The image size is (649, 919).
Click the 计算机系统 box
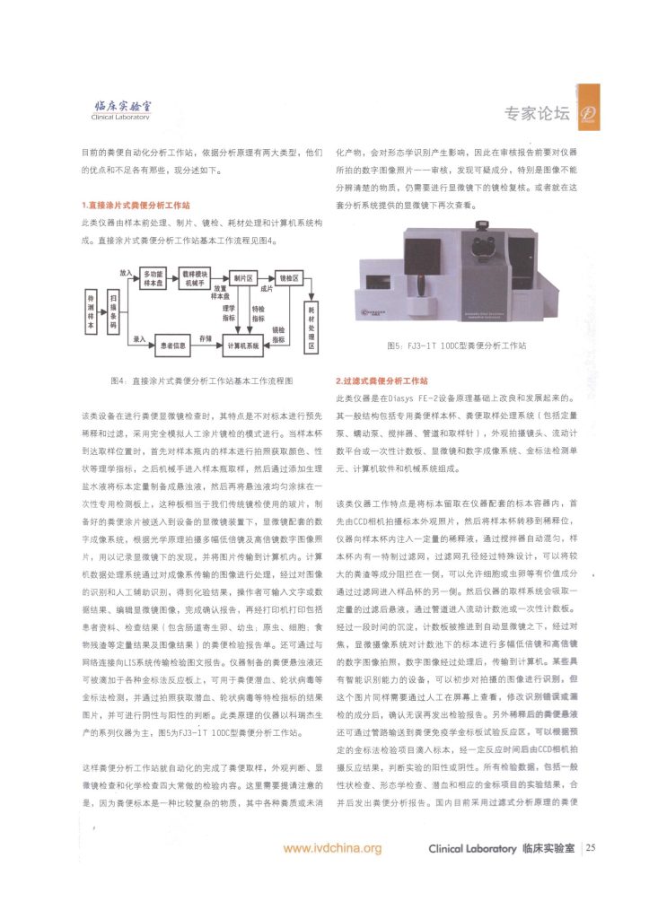click(243, 344)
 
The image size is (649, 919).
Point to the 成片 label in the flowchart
click(266, 289)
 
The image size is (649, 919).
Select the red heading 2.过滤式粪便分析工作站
click(382, 381)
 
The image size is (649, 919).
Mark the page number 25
click(592, 847)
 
